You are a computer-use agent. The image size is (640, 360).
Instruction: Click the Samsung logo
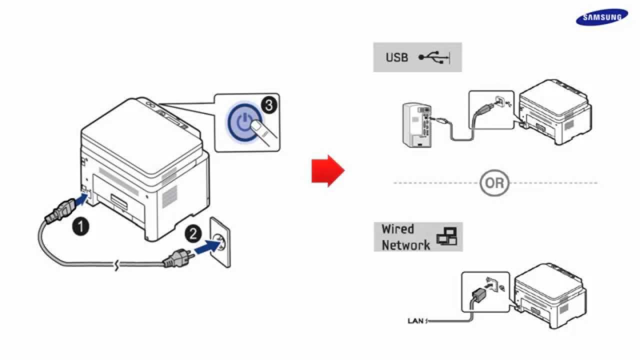602,17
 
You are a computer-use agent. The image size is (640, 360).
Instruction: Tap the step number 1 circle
80,227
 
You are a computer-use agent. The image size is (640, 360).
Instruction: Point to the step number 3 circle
269,105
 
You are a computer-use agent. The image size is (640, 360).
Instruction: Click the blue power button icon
244,122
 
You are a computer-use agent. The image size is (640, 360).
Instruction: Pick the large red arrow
328,171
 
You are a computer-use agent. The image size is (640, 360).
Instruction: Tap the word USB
396,57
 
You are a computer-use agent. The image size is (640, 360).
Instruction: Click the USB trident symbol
434,57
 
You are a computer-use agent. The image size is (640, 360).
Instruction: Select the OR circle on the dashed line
494,183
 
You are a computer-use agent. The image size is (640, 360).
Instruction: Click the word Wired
397,229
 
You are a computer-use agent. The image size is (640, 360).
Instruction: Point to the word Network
405,245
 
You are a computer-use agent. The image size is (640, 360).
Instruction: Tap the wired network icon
446,236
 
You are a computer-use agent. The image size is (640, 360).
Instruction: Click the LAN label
416,321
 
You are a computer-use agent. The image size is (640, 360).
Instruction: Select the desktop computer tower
416,125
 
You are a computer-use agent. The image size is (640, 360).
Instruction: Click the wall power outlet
220,242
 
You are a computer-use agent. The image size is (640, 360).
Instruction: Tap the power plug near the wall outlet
177,258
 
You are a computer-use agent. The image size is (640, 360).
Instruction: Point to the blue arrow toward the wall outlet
207,247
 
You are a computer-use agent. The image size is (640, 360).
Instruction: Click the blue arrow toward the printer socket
80,199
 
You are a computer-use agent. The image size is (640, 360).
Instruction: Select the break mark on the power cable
116,265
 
